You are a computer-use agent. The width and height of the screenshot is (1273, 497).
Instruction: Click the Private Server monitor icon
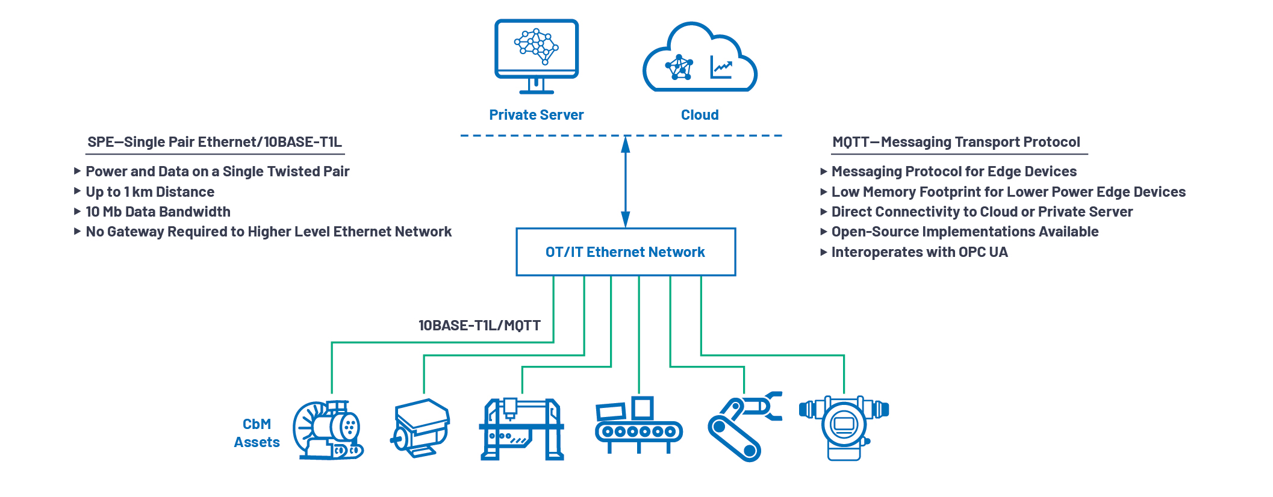point(536,54)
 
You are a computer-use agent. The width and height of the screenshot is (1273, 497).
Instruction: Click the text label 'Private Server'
point(536,115)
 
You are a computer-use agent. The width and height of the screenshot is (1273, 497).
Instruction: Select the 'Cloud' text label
point(699,115)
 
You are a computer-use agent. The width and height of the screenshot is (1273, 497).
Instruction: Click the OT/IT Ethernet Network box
point(625,252)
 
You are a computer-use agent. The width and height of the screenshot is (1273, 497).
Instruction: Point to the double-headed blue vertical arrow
point(625,181)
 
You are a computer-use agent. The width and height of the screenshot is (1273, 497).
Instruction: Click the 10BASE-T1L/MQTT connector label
point(479,326)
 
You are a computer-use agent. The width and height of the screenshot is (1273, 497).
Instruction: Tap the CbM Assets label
point(257,433)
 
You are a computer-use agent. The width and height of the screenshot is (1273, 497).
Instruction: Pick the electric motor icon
point(422,428)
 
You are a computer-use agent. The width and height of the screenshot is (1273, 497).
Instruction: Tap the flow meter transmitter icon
point(844,427)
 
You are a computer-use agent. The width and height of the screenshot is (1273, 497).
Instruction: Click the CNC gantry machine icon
point(521,429)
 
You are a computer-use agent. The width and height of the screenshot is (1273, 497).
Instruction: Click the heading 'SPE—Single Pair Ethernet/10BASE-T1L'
point(214,142)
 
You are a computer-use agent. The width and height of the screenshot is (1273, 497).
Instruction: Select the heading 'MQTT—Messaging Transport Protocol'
point(956,142)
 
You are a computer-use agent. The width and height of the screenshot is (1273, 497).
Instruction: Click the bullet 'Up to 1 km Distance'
point(149,192)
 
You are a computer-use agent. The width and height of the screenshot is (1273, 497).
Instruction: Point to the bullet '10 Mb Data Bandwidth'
point(158,212)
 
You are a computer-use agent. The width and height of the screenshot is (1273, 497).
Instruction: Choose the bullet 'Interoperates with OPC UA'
point(919,252)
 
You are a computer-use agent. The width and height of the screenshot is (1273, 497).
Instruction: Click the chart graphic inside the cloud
point(721,67)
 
